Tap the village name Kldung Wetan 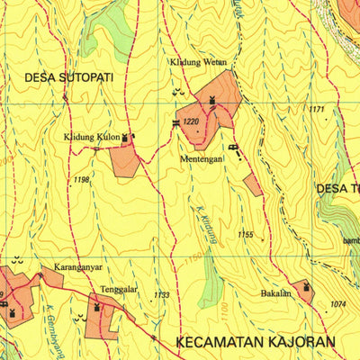[x=198, y=63]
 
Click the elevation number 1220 [x=190, y=121]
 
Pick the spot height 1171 [x=316, y=110]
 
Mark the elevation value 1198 [x=82, y=181]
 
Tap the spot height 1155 [x=246, y=235]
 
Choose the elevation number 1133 [x=161, y=294]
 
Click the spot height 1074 [x=337, y=304]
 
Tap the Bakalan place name [x=275, y=293]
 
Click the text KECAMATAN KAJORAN [x=256, y=342]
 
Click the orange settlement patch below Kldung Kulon [x=124, y=161]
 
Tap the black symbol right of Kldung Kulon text [x=126, y=138]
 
